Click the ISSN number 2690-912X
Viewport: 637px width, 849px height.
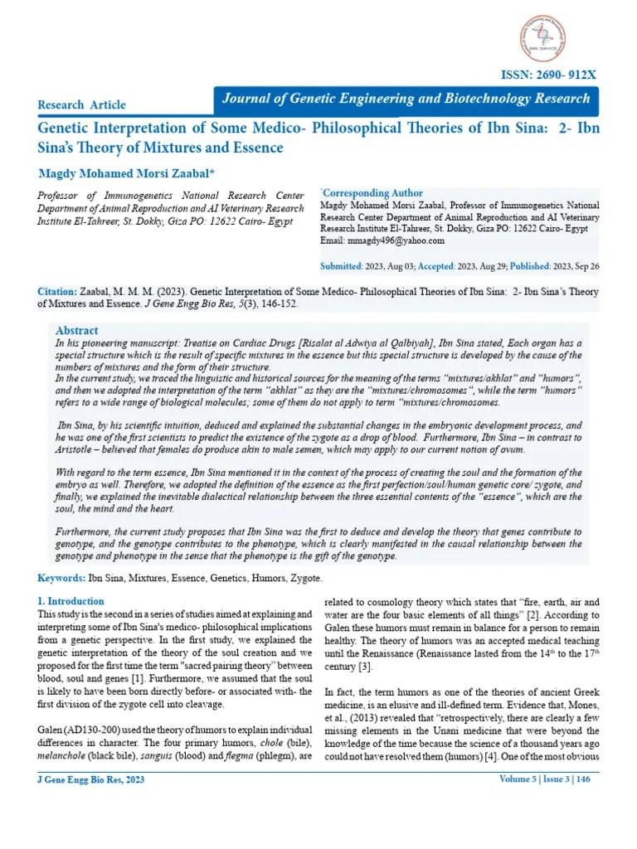(547, 75)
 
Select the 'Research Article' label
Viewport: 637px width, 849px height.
(82, 104)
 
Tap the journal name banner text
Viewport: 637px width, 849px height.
(406, 99)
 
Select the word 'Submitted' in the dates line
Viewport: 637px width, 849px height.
(340, 266)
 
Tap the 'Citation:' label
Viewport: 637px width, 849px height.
(57, 293)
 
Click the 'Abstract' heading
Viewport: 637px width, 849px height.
(76, 330)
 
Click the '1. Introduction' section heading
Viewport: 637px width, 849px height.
(71, 601)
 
